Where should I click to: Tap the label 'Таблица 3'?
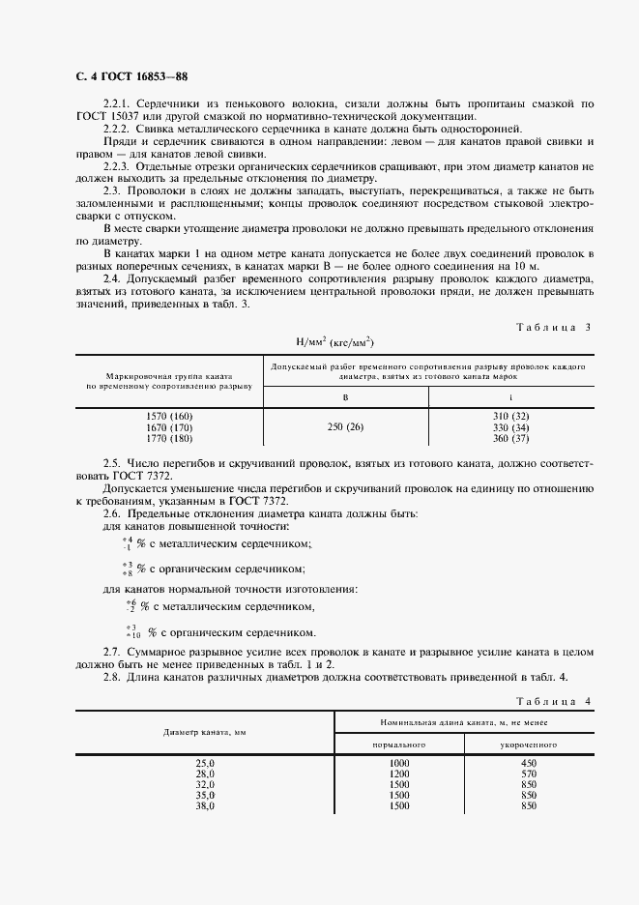click(552, 327)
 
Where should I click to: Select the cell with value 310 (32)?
click(512, 416)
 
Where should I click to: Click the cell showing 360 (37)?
click(512, 439)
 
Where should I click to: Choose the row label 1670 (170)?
click(169, 427)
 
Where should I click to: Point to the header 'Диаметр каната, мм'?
click(205, 733)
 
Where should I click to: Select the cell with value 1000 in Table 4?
click(399, 763)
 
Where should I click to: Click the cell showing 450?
click(528, 763)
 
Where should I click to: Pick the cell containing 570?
click(528, 774)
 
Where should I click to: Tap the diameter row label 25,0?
click(205, 763)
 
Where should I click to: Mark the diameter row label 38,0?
click(205, 805)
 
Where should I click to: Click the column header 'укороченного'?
click(528, 745)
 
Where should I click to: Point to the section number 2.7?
click(111, 654)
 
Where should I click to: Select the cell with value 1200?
click(399, 774)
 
